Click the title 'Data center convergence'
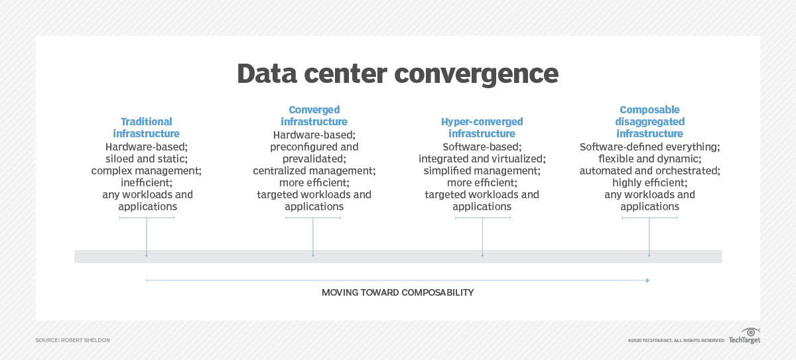tap(397, 74)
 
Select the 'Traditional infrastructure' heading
tap(146, 128)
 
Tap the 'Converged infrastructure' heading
tap(314, 116)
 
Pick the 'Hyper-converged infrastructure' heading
tap(482, 128)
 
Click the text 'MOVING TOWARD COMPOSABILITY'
tap(397, 292)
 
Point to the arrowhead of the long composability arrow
tap(647, 280)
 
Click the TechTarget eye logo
tap(752, 332)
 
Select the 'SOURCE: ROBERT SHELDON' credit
tap(73, 340)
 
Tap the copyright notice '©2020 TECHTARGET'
tap(676, 340)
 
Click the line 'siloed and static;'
tap(146, 158)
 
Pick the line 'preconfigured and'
tap(314, 147)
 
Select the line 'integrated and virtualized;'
tap(482, 158)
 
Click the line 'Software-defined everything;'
tap(649, 147)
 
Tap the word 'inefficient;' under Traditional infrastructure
tap(146, 182)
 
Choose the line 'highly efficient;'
tap(649, 182)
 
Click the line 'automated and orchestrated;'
tap(649, 170)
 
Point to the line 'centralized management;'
tap(314, 170)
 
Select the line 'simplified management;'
tap(482, 170)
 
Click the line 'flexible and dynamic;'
tap(649, 158)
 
